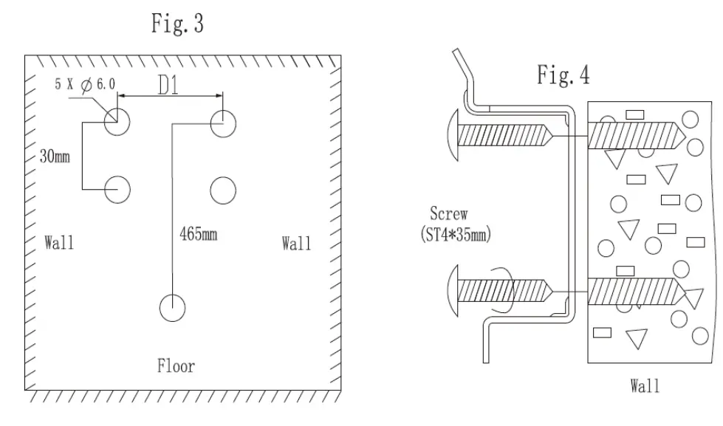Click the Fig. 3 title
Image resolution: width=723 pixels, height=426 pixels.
click(x=177, y=24)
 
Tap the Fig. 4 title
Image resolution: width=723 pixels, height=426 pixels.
click(x=563, y=75)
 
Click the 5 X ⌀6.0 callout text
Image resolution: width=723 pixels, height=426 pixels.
click(x=85, y=85)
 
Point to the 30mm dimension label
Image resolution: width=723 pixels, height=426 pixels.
click(x=55, y=157)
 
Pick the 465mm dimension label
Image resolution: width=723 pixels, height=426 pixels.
click(x=199, y=234)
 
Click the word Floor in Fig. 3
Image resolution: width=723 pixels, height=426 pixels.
click(x=176, y=365)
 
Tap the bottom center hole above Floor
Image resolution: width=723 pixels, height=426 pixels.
click(x=173, y=307)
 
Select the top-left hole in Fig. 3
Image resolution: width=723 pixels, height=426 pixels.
click(x=117, y=122)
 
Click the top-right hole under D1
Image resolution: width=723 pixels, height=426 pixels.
click(x=223, y=123)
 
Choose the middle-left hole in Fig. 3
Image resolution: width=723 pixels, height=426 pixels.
click(x=117, y=190)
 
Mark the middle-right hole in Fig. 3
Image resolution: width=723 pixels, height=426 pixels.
click(x=223, y=190)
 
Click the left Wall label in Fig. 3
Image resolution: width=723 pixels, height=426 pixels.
click(x=59, y=242)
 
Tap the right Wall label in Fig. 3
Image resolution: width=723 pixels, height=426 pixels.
click(x=296, y=243)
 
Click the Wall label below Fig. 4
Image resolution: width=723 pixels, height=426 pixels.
click(x=645, y=385)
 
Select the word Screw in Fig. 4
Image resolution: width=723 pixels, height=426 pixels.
click(x=448, y=214)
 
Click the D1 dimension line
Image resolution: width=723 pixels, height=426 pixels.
click(x=170, y=96)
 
